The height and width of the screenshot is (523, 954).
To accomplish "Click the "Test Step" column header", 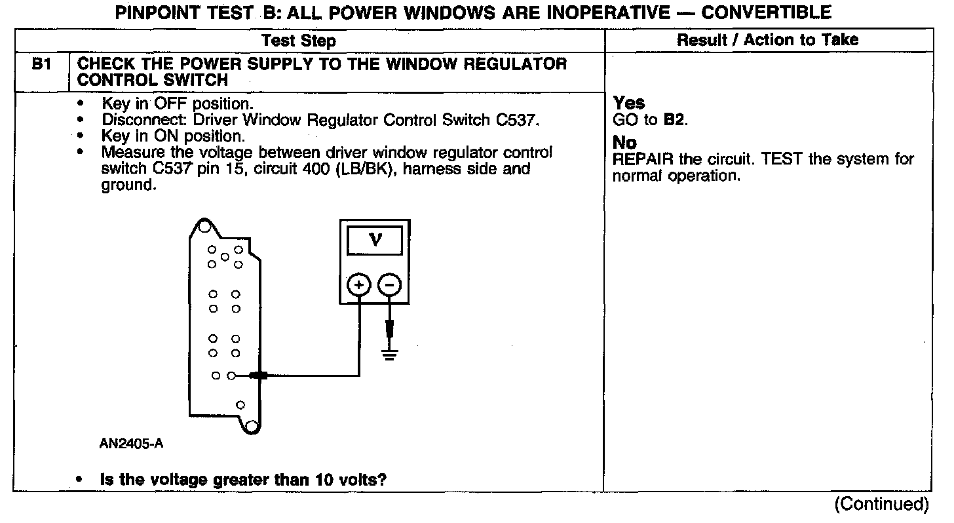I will (299, 41).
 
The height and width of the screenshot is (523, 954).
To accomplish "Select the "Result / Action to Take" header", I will (767, 40).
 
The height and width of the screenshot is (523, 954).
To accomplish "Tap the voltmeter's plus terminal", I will (358, 284).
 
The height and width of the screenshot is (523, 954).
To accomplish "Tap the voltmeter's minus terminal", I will (389, 284).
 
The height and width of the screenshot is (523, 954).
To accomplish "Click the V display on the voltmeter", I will (375, 240).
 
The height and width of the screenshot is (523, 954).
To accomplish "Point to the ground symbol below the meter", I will (390, 356).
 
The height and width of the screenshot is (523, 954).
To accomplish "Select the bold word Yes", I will (629, 103).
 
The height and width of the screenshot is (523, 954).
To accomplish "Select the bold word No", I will (624, 143).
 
